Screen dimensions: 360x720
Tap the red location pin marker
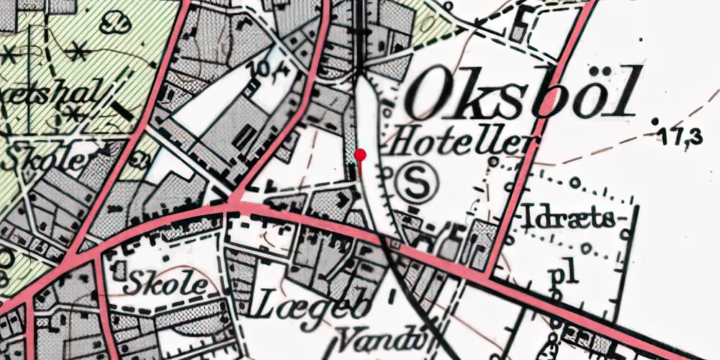361,154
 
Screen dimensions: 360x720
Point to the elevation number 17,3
683,138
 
